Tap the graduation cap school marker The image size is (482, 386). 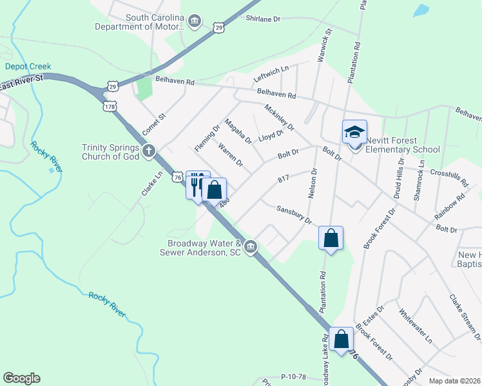[x=354, y=132]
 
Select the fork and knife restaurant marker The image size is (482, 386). [x=197, y=184]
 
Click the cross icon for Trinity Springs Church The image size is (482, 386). [x=149, y=152]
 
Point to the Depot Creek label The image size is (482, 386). [x=28, y=66]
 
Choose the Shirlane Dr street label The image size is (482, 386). [x=263, y=19]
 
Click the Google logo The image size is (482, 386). [x=21, y=378]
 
